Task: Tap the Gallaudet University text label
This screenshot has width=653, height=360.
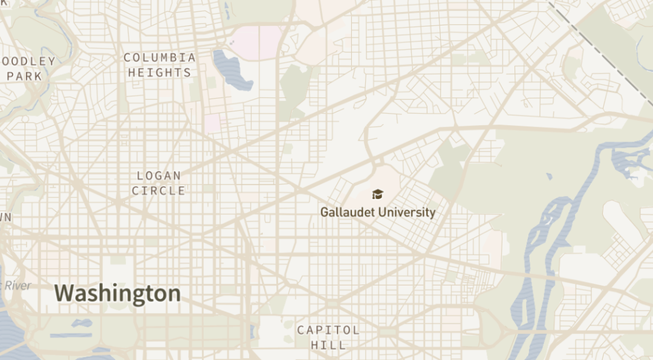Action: [377, 212]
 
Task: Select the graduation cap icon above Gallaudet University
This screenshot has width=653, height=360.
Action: [377, 194]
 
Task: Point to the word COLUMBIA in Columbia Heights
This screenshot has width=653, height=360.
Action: [160, 58]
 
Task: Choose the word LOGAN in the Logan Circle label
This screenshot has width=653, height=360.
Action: [159, 176]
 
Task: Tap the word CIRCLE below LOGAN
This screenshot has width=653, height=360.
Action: [159, 191]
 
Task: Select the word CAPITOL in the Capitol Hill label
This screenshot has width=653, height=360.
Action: [328, 330]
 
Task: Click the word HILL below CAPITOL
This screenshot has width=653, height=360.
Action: [328, 345]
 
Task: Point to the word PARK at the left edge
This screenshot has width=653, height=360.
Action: [24, 76]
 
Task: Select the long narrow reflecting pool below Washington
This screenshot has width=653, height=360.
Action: [71, 335]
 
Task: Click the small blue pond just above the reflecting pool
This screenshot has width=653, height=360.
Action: [82, 323]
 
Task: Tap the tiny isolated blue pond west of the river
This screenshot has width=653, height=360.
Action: [548, 177]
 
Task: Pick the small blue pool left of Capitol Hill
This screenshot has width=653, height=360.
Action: [252, 331]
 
